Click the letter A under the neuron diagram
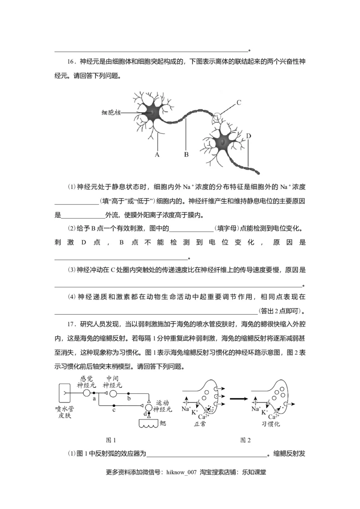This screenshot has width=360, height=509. pyautogui.click(x=157, y=155)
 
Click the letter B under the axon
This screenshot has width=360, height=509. pyautogui.click(x=186, y=155)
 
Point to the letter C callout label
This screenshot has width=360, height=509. pyautogui.click(x=239, y=102)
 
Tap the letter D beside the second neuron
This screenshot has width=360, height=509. pyautogui.click(x=248, y=135)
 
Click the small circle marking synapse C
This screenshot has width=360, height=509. pyautogui.click(x=217, y=116)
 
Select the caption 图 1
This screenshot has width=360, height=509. pyautogui.click(x=110, y=439)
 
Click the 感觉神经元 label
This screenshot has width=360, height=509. pyautogui.click(x=86, y=382)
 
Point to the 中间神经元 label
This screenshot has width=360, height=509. pyautogui.click(x=112, y=382)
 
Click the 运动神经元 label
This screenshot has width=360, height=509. pyautogui.click(x=163, y=406)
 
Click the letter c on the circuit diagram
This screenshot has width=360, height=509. pyautogui.click(x=114, y=410)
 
